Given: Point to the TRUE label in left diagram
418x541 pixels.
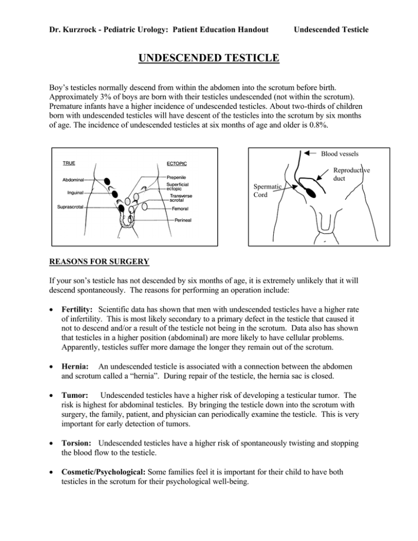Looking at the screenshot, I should pyautogui.click(x=69, y=163).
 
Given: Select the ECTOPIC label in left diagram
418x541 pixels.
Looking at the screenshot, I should pyautogui.click(x=175, y=163).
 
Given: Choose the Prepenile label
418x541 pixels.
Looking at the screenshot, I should pyautogui.click(x=179, y=177).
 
